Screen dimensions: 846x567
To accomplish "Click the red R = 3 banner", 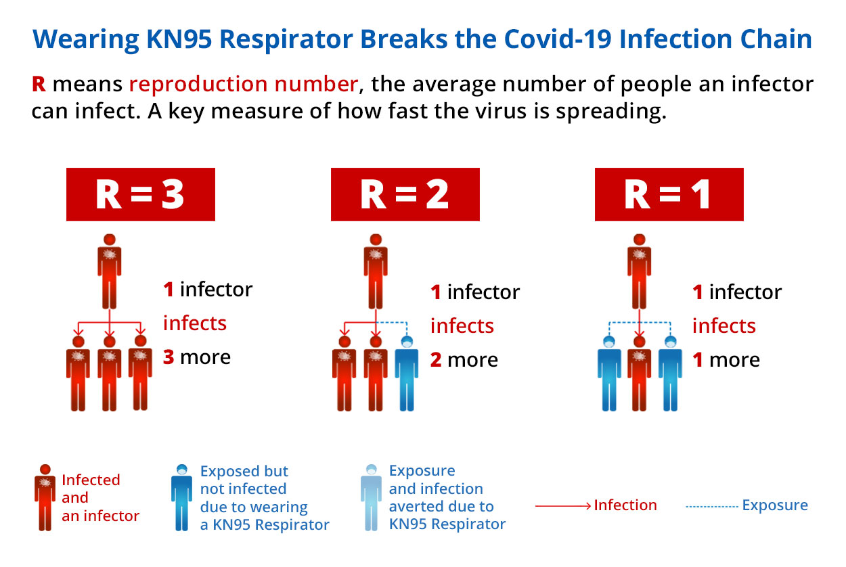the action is pyautogui.click(x=141, y=194).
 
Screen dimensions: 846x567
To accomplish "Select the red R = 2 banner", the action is pyautogui.click(x=405, y=194).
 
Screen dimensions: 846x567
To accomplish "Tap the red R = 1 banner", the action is pyautogui.click(x=669, y=194).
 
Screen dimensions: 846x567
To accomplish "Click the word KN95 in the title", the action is pyautogui.click(x=179, y=39).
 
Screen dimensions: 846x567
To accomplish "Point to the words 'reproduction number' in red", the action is pyautogui.click(x=243, y=84).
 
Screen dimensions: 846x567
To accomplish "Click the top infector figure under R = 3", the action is pyautogui.click(x=110, y=271).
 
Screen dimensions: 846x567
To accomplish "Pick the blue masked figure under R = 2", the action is pyautogui.click(x=407, y=373).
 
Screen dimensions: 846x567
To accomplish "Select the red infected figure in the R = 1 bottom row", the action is pyautogui.click(x=640, y=373).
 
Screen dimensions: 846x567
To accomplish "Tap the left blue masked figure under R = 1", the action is pyautogui.click(x=609, y=373).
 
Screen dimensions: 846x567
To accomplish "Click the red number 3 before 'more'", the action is pyautogui.click(x=169, y=357).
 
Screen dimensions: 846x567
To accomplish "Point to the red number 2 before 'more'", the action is pyautogui.click(x=436, y=360).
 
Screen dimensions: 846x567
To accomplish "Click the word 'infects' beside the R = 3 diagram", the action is pyautogui.click(x=194, y=323).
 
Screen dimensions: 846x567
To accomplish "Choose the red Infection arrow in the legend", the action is pyautogui.click(x=563, y=506).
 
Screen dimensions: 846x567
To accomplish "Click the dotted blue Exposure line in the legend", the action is pyautogui.click(x=712, y=507).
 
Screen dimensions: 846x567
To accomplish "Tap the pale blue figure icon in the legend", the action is pyautogui.click(x=372, y=497).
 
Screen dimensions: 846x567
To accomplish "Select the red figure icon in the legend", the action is pyautogui.click(x=45, y=497).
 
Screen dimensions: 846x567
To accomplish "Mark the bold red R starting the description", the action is pyautogui.click(x=39, y=84).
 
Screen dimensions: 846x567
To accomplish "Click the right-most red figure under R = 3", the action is pyautogui.click(x=141, y=373).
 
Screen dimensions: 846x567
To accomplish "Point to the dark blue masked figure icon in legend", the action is pyautogui.click(x=181, y=497).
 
